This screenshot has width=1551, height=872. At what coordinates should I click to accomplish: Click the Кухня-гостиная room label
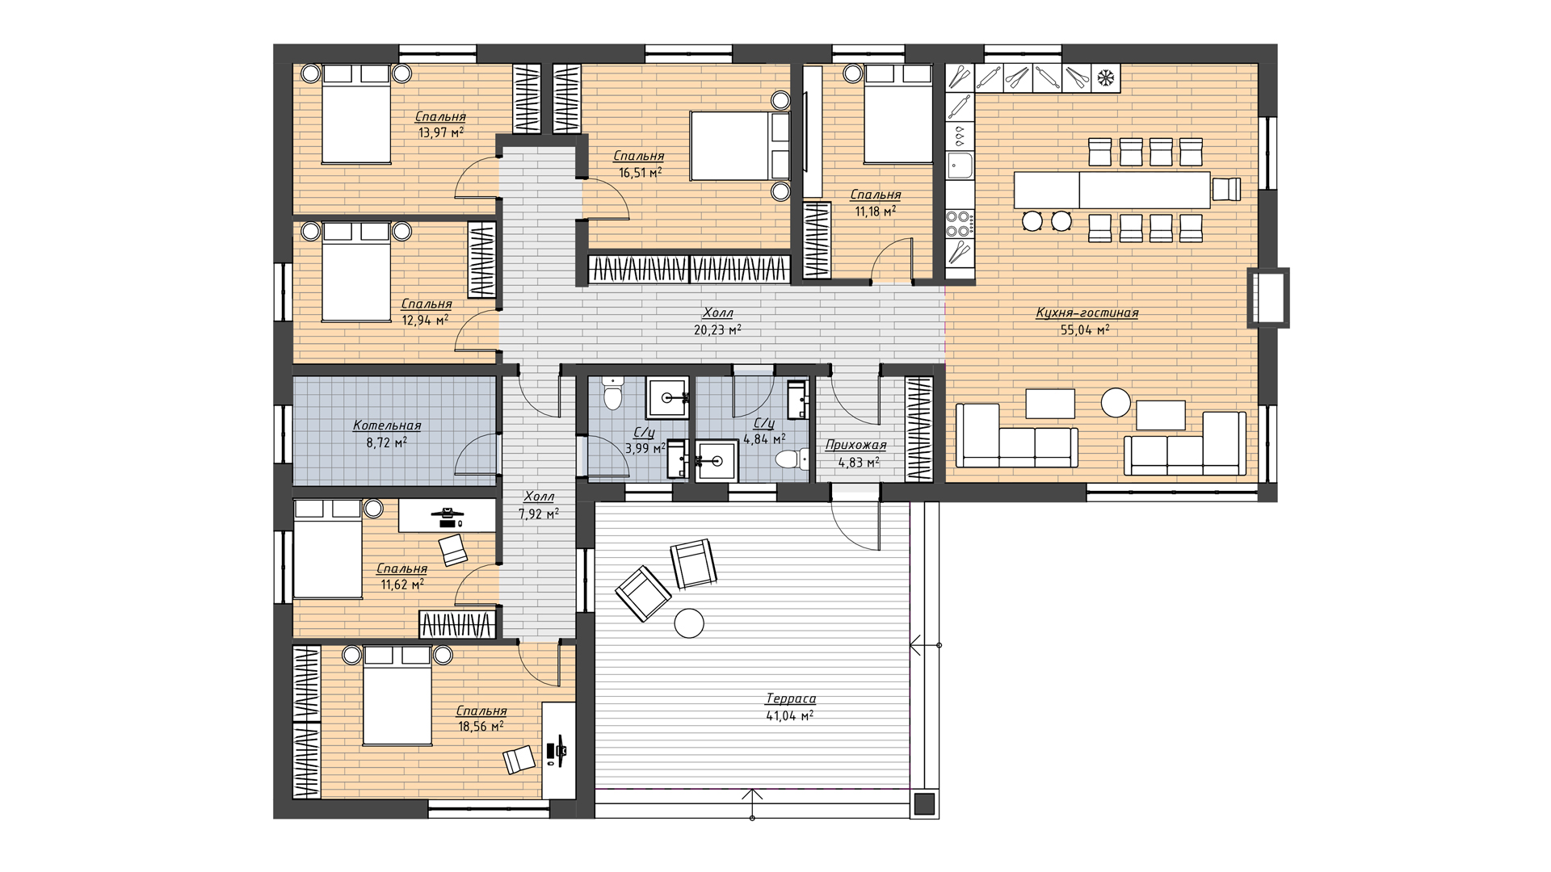click(1087, 313)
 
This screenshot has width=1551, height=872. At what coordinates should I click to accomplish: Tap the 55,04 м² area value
click(1084, 329)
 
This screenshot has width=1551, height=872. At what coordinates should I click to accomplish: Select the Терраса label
click(790, 699)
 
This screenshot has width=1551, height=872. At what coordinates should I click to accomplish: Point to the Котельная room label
click(387, 426)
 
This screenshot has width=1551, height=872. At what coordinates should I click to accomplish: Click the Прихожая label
click(855, 446)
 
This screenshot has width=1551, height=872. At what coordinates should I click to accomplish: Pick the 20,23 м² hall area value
click(717, 329)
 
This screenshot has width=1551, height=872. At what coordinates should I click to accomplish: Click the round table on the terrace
click(689, 623)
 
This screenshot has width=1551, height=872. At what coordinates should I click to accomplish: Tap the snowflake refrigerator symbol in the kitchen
click(1104, 78)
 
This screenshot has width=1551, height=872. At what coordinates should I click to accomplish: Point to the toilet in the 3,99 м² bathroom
click(613, 395)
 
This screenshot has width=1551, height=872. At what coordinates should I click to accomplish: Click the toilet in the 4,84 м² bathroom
click(791, 460)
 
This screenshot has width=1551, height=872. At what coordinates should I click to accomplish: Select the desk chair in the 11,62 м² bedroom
click(453, 550)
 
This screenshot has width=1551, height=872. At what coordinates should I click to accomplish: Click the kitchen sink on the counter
click(960, 167)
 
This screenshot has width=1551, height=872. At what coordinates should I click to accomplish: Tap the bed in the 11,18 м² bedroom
click(898, 115)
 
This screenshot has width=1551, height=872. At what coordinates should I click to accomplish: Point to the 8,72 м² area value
click(387, 442)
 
